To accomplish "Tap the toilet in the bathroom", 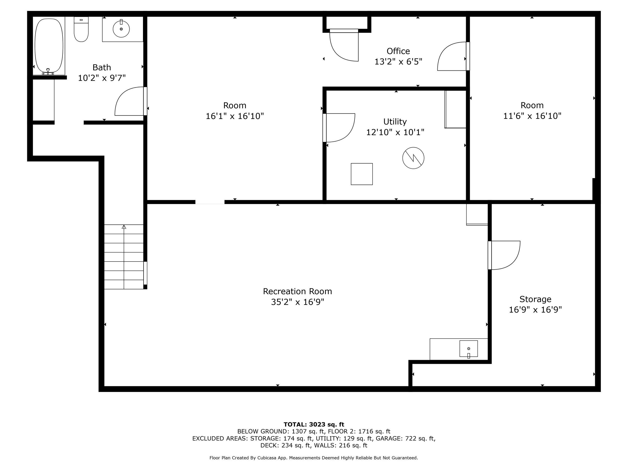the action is (x=81, y=29).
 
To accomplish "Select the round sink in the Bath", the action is (x=121, y=29).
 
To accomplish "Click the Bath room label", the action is (x=102, y=67).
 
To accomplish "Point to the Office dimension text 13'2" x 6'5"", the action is (x=398, y=62).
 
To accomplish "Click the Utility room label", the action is (x=395, y=121).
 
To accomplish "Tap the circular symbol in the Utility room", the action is (x=413, y=158).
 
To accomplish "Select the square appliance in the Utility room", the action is (x=362, y=174).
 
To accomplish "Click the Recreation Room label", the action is (x=297, y=291).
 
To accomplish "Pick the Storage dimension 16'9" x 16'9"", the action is (x=535, y=309).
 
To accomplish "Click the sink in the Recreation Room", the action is (x=469, y=349).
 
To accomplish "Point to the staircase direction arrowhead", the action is (x=124, y=227).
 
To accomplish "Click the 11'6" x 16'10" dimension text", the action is (x=532, y=116).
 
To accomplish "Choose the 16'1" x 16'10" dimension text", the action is (x=235, y=116).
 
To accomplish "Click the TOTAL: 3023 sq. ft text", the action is (x=314, y=424).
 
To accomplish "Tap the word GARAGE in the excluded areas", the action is (x=388, y=438).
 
